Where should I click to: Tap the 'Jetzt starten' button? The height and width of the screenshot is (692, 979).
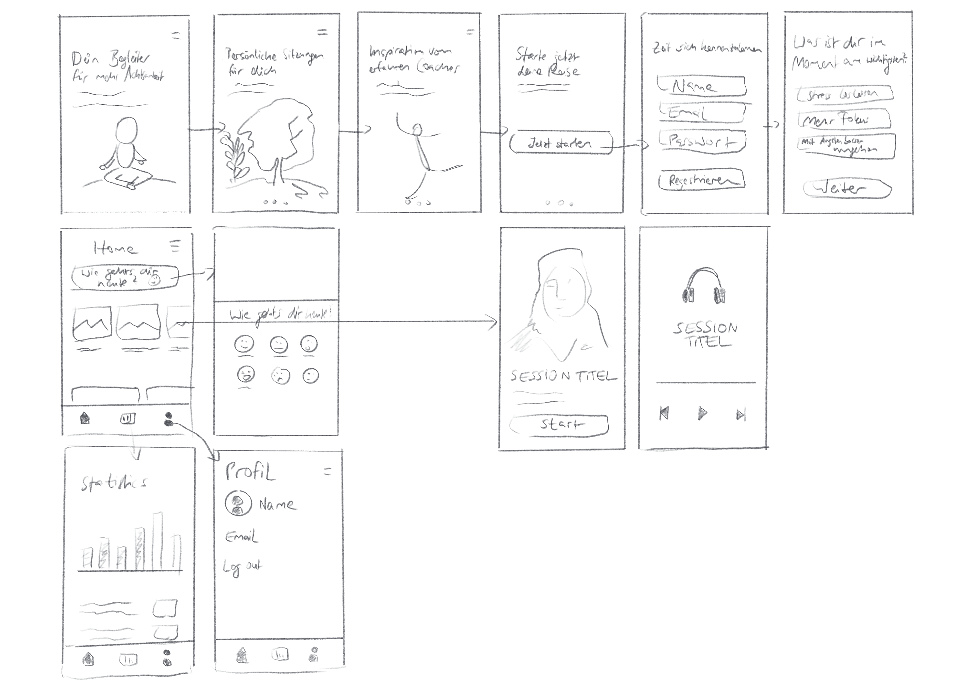point(560,143)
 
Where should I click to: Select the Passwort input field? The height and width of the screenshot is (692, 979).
point(702,141)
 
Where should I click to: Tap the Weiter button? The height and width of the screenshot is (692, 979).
point(847,189)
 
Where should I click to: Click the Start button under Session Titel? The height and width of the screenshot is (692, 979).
point(559,424)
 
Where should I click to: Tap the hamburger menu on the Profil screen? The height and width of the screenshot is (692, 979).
point(327,472)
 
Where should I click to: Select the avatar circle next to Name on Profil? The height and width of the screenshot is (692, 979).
point(238,504)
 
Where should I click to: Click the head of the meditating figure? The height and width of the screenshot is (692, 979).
point(127,131)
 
